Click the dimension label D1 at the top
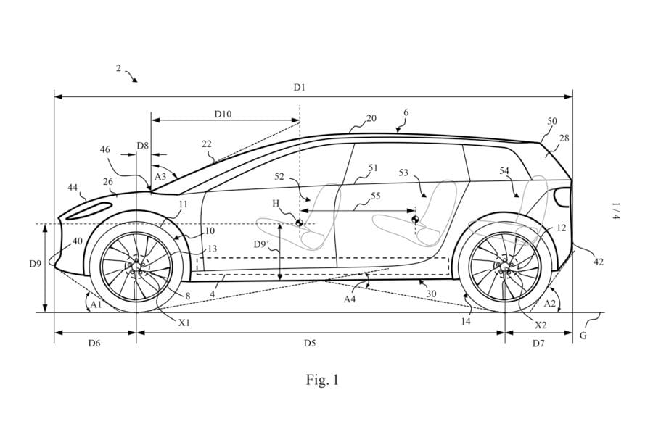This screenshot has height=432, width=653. pos(299,88)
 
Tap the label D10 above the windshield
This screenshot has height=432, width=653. pos(223,114)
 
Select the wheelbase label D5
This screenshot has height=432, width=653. pos(310,343)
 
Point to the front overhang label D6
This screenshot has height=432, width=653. pos(94,343)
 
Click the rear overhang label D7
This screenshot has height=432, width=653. pos(538,343)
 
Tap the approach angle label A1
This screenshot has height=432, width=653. pos(95,305)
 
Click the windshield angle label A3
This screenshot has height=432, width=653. pos(161,176)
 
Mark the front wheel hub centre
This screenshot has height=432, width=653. pos(136,266)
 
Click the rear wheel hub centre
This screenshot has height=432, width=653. pos(504,266)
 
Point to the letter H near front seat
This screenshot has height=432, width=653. pos(276,204)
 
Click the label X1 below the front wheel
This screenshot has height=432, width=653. pos(184,323)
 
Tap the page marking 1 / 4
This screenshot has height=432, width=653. pos(615,212)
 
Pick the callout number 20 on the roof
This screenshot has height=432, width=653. pos(371,118)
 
